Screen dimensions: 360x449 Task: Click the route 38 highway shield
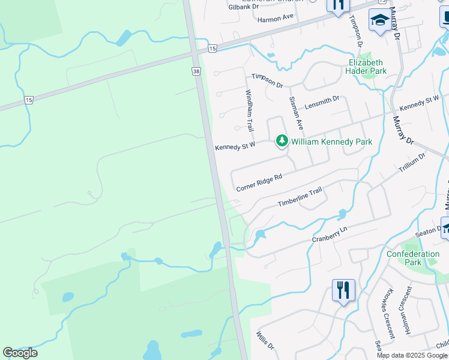196,71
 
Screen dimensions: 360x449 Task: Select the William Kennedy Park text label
331,142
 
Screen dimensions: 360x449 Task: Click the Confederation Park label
413,258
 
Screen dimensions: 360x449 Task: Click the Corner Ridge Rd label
259,183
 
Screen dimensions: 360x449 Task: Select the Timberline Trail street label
300,197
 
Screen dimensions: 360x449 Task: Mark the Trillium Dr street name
412,163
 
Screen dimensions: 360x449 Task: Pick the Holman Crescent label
406,312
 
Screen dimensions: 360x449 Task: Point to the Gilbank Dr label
244,7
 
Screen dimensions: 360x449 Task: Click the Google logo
20,353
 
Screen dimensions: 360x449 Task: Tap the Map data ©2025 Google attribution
412,355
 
